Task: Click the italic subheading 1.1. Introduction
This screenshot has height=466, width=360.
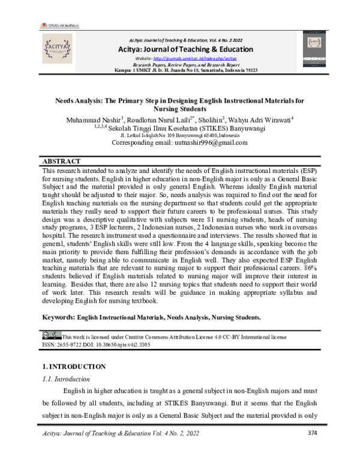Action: point(66,380)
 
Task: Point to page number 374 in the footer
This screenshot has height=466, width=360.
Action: point(312,450)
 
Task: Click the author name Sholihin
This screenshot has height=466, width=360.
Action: point(214,120)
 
